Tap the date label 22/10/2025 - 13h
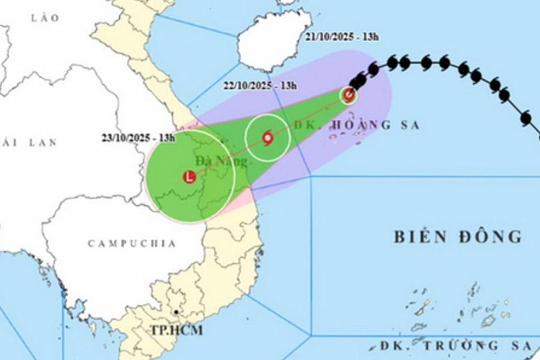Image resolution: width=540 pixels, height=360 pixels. pos(259,85)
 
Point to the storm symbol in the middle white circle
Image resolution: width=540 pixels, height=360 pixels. pos(268,138)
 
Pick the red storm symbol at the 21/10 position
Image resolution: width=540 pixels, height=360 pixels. pos(349,94)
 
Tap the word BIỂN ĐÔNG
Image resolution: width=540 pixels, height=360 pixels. pos(457,236)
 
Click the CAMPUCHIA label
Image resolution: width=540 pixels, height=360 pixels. pos(132,244)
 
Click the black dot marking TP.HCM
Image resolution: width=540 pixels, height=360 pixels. pos(176,313)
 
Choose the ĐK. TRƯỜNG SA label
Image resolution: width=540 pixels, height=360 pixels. pos(456,346)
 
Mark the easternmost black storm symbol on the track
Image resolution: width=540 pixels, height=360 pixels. pos(526,118)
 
